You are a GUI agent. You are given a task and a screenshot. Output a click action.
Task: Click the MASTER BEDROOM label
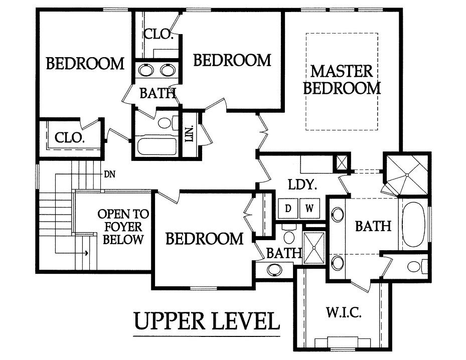click(342, 80)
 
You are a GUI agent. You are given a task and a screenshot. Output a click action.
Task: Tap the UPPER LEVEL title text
click(207, 321)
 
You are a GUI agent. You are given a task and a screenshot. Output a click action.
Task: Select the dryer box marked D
click(288, 209)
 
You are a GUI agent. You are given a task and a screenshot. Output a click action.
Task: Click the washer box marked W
click(309, 209)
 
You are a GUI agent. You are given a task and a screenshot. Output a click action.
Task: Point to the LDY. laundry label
click(302, 185)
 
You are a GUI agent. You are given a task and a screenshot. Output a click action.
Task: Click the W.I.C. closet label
click(344, 312)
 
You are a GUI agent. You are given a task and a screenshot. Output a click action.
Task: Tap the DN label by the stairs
click(110, 174)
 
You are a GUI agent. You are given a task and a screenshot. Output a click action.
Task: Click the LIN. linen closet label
click(189, 133)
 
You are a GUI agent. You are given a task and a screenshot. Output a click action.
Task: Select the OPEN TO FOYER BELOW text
click(123, 227)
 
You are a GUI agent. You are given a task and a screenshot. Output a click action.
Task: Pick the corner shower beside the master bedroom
click(406, 174)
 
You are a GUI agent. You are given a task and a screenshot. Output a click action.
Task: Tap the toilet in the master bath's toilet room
click(416, 266)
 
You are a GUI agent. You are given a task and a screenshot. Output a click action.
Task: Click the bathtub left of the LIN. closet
click(157, 146)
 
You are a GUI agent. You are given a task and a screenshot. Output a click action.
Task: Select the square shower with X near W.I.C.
click(314, 248)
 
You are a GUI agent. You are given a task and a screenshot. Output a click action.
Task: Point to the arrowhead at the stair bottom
click(86, 253)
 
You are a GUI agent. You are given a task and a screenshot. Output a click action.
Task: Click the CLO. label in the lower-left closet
click(70, 137)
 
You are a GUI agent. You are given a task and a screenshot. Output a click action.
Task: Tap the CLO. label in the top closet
click(158, 34)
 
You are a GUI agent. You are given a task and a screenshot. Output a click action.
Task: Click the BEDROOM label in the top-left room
click(85, 64)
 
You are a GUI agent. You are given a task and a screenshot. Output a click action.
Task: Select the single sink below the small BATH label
click(274, 270)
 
